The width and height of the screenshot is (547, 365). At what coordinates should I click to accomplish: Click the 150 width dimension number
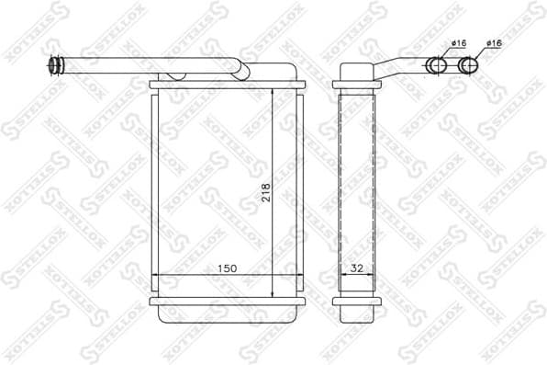point(227,268)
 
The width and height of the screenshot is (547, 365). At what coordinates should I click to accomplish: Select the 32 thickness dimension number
point(356,268)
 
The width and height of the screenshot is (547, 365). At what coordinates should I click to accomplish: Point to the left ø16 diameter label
point(460,43)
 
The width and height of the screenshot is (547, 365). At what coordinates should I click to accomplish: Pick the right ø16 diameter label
point(494,43)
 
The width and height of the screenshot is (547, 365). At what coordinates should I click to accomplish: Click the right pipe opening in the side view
point(470,65)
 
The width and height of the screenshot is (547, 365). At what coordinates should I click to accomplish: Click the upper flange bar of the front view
point(226,85)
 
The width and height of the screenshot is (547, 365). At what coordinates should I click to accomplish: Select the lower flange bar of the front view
point(226,302)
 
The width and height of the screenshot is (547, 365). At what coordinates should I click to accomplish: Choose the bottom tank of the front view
point(226,314)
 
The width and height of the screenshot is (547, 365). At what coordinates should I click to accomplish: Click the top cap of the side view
point(356,73)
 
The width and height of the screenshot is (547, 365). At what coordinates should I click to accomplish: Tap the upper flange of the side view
point(356,86)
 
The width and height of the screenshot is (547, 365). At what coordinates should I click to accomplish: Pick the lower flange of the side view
point(356,302)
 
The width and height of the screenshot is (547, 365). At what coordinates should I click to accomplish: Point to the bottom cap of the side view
point(356,314)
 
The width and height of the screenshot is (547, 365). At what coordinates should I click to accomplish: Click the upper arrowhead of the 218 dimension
point(273,94)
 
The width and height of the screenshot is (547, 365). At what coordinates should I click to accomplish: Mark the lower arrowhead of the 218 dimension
point(273,293)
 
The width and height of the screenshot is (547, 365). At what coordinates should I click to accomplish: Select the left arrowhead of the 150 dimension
point(155,275)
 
